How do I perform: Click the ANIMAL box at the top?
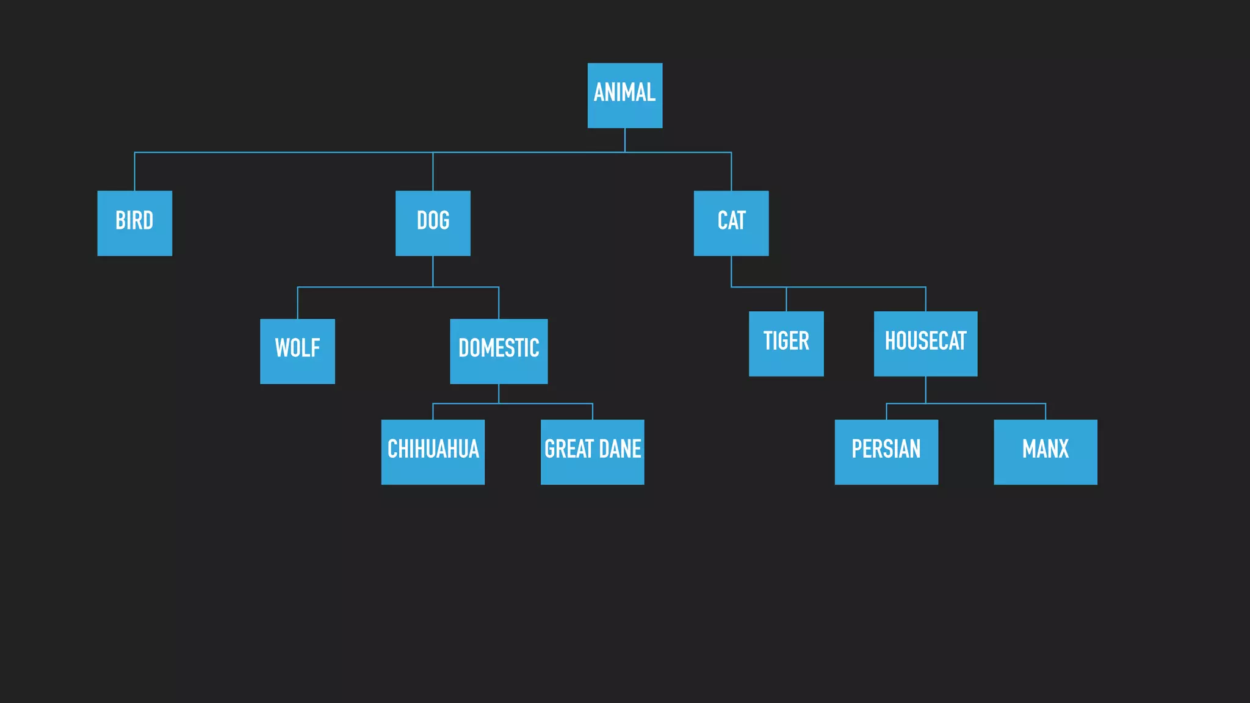tap(624, 95)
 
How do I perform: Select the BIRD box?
tap(134, 223)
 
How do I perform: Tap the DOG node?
tap(433, 223)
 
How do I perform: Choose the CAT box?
tap(731, 223)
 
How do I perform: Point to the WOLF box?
tap(297, 351)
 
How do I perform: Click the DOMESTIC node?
tap(499, 351)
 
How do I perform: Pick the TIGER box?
tap(786, 344)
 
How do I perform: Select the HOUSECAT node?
tap(925, 344)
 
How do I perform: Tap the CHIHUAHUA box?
tap(433, 452)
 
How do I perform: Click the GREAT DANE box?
tap(592, 452)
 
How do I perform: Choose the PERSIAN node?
tap(886, 452)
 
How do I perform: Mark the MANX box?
tap(1046, 452)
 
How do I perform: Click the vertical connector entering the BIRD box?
tap(134, 172)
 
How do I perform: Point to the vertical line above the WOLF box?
tap(297, 303)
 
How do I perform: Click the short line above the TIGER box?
tap(786, 299)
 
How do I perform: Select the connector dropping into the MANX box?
tap(1046, 411)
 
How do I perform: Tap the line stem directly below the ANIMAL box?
tap(624, 140)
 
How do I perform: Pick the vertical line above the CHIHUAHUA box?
tap(433, 411)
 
